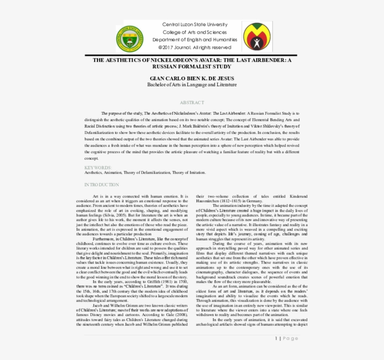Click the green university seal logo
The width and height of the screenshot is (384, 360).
tap(130, 38)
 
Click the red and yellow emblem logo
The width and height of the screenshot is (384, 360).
tap(256, 36)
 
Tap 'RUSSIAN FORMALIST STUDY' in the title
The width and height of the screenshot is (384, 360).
tap(192, 66)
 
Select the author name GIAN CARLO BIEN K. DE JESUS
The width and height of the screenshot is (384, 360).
tap(192, 78)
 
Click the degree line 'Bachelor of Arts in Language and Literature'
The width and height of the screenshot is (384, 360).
tap(192, 85)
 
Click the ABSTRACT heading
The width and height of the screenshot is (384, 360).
tap(192, 103)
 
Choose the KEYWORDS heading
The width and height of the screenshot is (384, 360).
tap(98, 167)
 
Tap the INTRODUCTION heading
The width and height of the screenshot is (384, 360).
tap(102, 185)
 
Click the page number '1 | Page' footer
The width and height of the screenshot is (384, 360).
tap(286, 338)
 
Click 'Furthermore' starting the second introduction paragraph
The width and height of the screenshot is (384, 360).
tap(103, 239)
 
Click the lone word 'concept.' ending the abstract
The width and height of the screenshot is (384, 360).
tap(91, 158)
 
